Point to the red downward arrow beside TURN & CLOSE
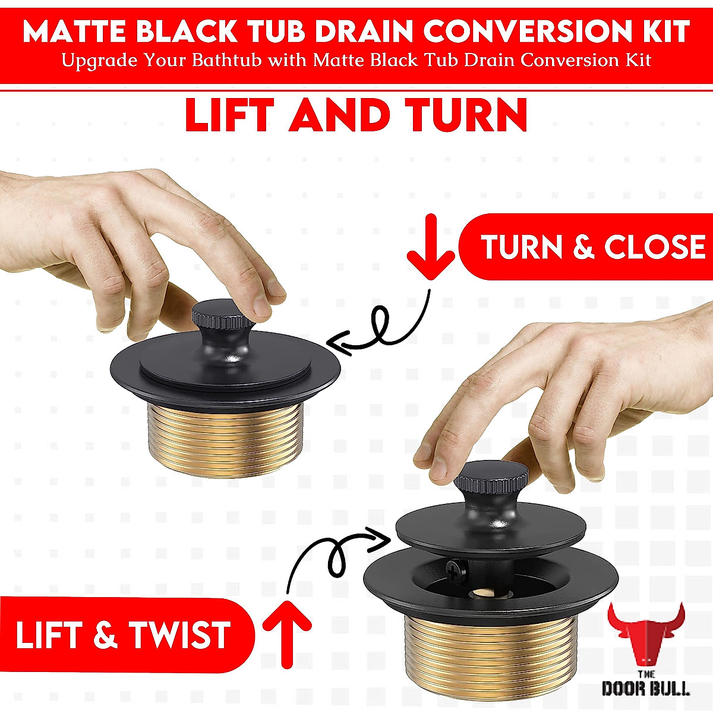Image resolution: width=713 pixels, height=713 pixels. [431, 247]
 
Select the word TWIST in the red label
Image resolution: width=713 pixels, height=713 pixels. [179, 635]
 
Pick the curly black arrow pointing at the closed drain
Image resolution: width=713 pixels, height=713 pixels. [380, 330]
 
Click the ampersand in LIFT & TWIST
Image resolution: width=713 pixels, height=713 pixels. [105, 635]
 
